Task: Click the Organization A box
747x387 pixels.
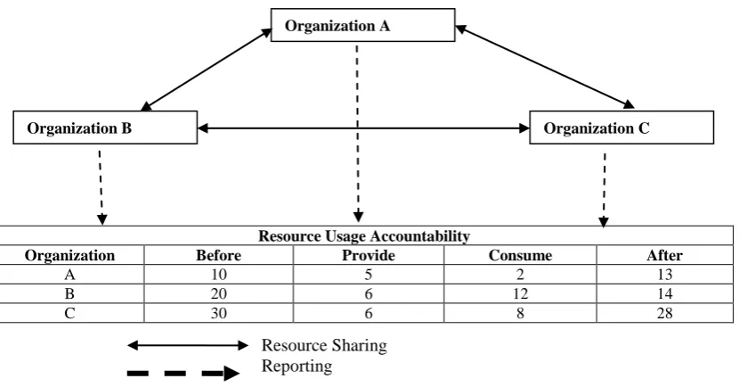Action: click(x=363, y=25)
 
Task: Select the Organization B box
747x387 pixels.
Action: click(x=105, y=128)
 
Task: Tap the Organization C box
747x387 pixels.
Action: click(x=621, y=128)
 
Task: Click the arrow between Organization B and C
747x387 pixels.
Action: click(x=363, y=128)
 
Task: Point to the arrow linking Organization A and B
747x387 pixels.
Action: click(x=207, y=70)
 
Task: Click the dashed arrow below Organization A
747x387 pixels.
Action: click(x=358, y=134)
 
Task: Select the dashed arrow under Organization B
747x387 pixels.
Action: click(x=101, y=187)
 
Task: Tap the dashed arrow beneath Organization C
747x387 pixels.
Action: click(x=604, y=190)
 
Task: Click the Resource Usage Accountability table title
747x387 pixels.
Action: click(x=364, y=235)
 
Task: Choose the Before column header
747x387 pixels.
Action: click(x=219, y=255)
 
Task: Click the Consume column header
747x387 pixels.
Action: click(x=520, y=255)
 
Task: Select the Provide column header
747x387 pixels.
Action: click(x=369, y=255)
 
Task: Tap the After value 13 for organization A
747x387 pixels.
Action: click(x=664, y=275)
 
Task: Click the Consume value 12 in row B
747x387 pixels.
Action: click(x=520, y=294)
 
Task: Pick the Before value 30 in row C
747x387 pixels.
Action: click(x=219, y=313)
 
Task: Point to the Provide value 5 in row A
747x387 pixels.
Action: click(x=369, y=275)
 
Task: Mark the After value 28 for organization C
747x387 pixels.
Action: click(x=664, y=313)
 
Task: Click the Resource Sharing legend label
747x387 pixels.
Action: click(x=324, y=345)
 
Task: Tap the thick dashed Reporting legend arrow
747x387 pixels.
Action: click(x=183, y=373)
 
